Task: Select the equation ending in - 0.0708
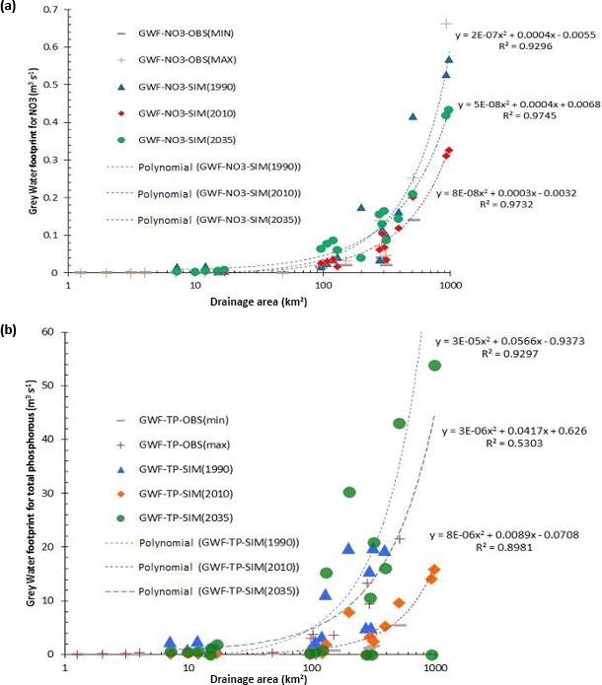point(498,534)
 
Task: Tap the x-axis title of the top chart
point(259,300)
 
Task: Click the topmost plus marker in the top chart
point(446,23)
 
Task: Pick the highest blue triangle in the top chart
point(449,59)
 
